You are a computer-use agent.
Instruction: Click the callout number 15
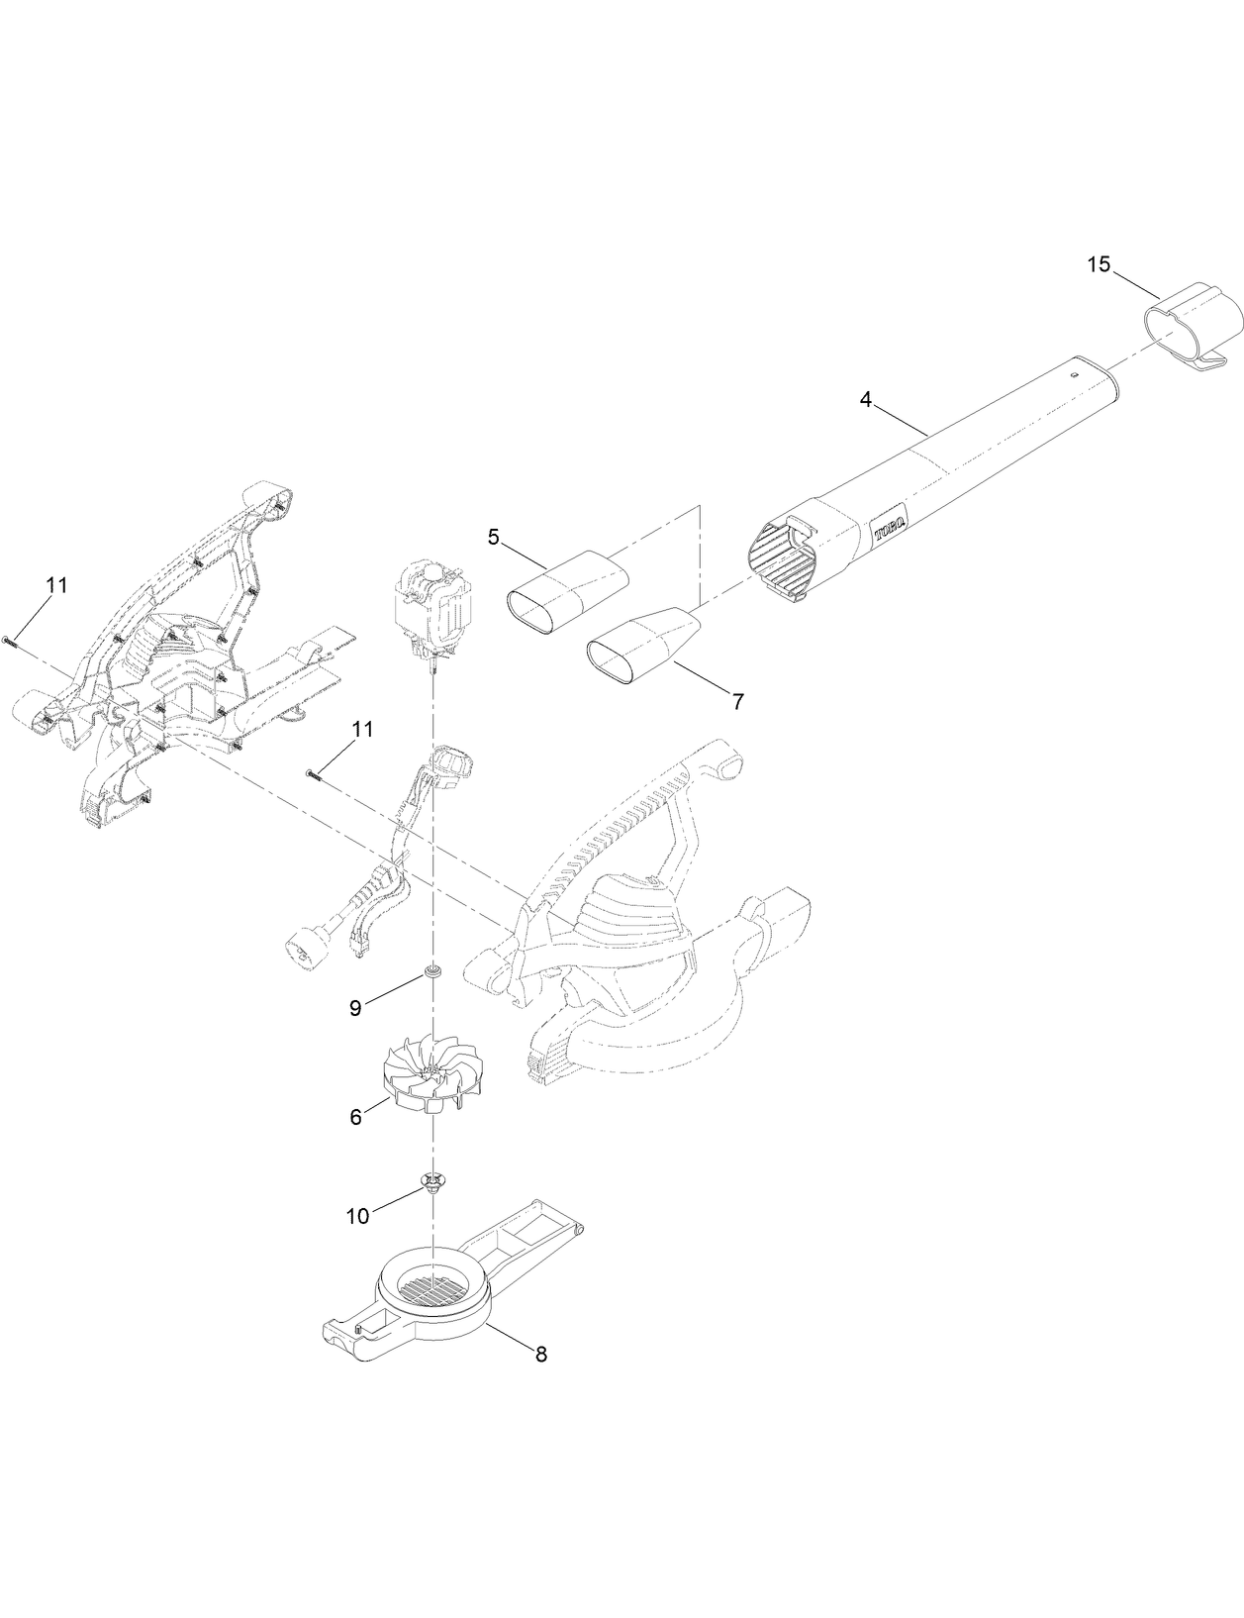coord(1099,264)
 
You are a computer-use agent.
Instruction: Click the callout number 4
coord(866,400)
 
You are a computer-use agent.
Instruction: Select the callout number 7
coord(737,701)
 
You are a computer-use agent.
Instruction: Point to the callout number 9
coord(355,1008)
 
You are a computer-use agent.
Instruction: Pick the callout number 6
coord(355,1116)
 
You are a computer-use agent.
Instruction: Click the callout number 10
coord(357,1215)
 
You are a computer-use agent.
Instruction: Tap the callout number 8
coord(540,1355)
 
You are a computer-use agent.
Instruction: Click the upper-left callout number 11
coord(56,585)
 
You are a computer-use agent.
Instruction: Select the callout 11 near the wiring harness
coord(363,730)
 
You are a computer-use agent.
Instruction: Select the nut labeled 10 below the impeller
coord(432,1181)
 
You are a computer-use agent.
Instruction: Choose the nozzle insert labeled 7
coord(643,646)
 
